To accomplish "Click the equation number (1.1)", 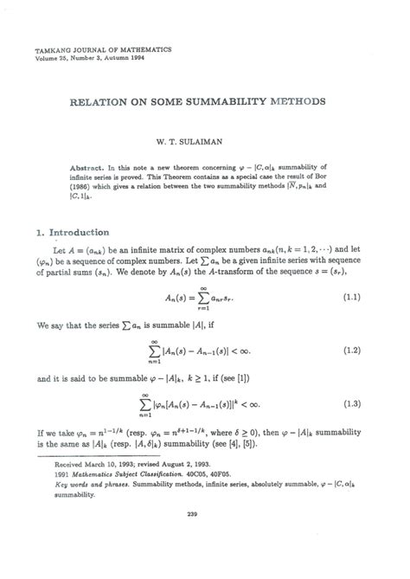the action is pyautogui.click(x=350, y=299).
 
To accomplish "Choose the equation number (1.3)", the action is pyautogui.click(x=350, y=402).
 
